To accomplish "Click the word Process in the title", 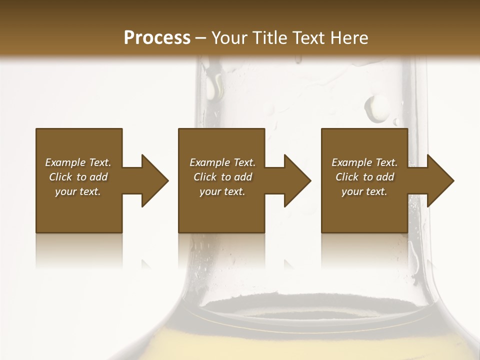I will coord(157,38).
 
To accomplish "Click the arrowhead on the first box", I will coord(154,180).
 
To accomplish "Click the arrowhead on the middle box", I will coord(297,180).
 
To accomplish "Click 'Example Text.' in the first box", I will coord(78,162).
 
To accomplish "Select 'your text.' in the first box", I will coord(78,191).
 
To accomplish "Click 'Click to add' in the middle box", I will coord(222,177).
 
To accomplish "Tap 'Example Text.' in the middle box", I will coord(222,162).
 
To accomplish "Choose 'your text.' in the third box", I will coord(364,191).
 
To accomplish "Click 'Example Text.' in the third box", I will coord(364,162).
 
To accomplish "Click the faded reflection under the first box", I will coord(79,250).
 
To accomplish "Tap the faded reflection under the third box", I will coord(364,250).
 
